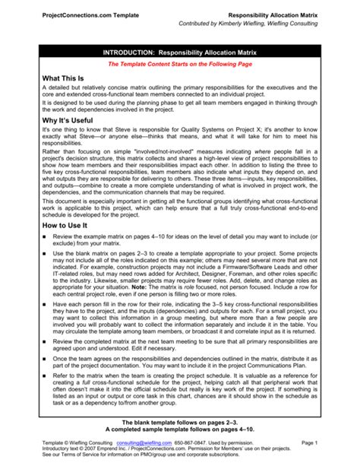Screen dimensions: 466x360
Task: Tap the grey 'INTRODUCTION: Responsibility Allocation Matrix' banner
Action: tap(179, 51)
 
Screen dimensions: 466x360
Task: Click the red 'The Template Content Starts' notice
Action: tap(179, 65)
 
